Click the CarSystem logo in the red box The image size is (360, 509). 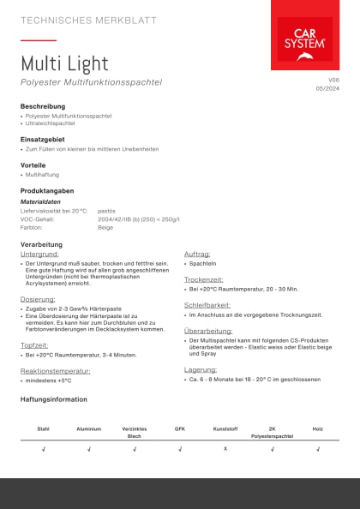(x=305, y=43)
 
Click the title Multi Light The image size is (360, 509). (x=64, y=63)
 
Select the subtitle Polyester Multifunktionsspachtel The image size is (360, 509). (x=91, y=82)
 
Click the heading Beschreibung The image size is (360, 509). (x=43, y=106)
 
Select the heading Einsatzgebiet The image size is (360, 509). (x=42, y=138)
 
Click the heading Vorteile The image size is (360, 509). (x=33, y=165)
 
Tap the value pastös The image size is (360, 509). (x=106, y=211)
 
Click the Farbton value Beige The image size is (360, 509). (x=105, y=228)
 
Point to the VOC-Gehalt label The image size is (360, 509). (x=38, y=219)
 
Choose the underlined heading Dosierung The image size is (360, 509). (x=38, y=299)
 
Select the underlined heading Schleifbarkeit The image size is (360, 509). (x=207, y=304)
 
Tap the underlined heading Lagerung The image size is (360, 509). (x=200, y=370)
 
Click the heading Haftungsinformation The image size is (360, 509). (x=53, y=399)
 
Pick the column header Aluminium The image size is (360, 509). (x=88, y=428)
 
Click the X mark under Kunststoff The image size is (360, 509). (x=225, y=448)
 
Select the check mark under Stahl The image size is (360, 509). (x=43, y=448)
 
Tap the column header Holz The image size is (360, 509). (x=317, y=428)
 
